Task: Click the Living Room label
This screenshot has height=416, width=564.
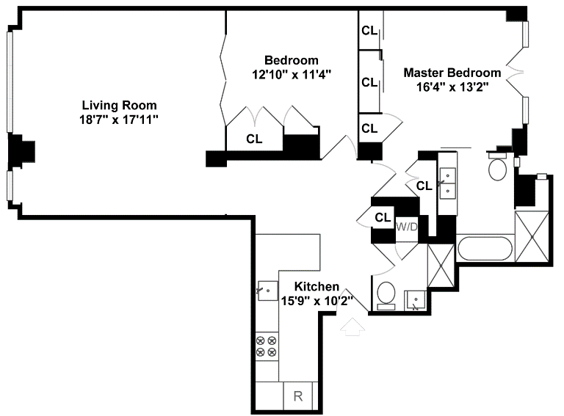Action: tap(119, 105)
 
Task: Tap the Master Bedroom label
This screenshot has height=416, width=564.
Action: tap(452, 73)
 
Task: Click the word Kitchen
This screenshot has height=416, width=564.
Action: tap(317, 286)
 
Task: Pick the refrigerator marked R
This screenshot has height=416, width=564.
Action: tap(298, 396)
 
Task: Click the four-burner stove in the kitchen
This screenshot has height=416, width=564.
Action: tap(266, 346)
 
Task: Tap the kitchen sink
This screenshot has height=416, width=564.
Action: tap(266, 291)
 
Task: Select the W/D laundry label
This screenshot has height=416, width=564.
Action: tap(407, 227)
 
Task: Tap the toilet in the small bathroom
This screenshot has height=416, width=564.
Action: tap(385, 295)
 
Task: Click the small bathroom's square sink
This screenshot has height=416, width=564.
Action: tap(416, 300)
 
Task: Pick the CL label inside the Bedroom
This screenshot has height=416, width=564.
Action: tap(254, 138)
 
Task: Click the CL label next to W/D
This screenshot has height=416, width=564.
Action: tap(383, 217)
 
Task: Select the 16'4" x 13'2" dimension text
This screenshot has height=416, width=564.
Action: tap(452, 86)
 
